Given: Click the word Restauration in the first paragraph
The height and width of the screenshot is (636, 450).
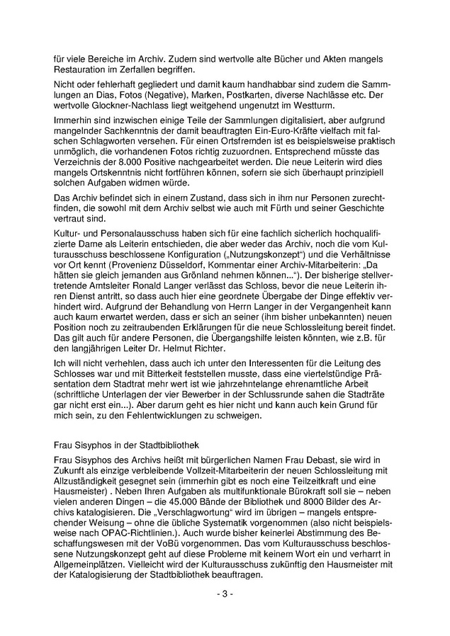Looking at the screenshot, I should (x=79, y=72).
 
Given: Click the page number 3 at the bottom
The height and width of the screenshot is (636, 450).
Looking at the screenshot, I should (x=224, y=593).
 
